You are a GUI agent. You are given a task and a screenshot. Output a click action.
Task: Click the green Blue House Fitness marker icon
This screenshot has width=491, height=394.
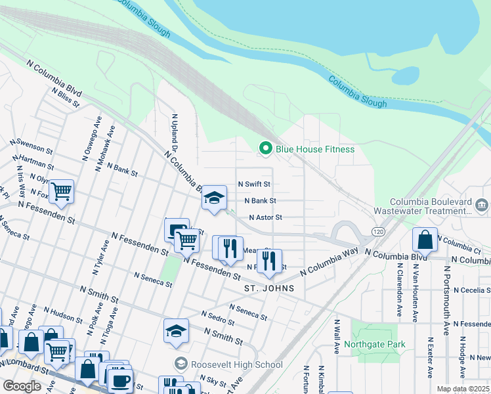point(266,149)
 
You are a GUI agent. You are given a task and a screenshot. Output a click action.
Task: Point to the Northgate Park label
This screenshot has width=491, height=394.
point(374,344)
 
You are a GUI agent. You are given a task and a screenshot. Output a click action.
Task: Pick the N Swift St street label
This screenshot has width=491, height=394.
point(254,185)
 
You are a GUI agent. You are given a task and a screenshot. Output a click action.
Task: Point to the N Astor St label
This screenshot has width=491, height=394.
point(265,217)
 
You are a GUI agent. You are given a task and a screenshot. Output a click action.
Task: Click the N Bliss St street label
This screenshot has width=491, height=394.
point(66,99)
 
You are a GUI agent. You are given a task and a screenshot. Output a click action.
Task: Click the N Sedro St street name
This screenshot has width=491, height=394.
point(218,318)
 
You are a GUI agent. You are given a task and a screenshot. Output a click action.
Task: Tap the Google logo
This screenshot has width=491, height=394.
point(22,386)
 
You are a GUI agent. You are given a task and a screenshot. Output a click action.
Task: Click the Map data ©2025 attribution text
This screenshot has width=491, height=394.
point(462,389)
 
